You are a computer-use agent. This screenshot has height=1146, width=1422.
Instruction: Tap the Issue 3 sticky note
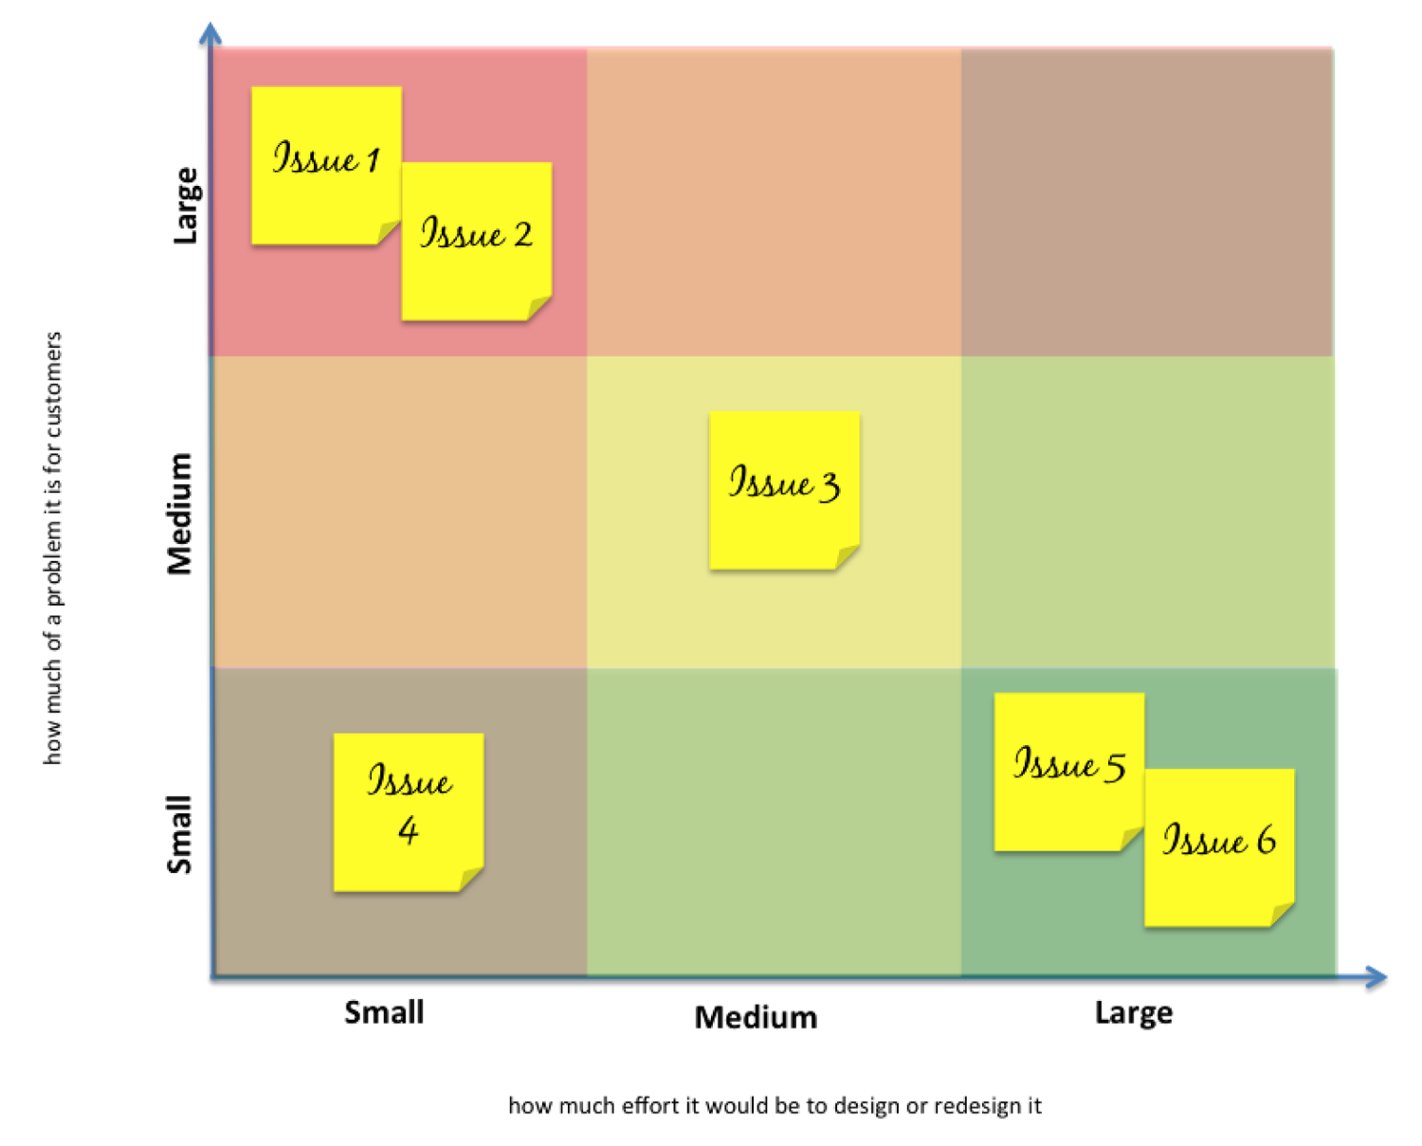coord(784,489)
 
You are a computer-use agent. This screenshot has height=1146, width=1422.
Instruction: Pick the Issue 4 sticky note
coord(409,810)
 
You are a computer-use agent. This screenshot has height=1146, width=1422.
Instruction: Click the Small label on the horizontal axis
coord(384,1012)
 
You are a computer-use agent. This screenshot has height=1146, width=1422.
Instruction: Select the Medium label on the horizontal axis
coord(756,1017)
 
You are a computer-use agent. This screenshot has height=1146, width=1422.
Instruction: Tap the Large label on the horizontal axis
coord(1134,1012)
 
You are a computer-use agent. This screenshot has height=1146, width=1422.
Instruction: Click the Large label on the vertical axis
coord(186,206)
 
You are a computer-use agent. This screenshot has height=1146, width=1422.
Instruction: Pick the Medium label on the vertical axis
coord(179,514)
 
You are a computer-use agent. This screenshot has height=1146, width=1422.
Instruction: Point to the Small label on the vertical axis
coord(179,834)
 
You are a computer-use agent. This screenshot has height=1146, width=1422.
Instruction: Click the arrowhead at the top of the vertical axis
coord(210,34)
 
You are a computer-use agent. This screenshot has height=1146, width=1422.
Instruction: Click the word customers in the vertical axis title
coord(53,385)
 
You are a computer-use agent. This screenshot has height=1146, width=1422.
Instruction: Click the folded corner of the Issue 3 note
coord(848,557)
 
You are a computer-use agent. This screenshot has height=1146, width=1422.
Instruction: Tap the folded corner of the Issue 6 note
coord(1282,914)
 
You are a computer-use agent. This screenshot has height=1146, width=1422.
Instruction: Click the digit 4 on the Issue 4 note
coord(409,831)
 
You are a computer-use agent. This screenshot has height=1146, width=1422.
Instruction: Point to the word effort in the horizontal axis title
coord(650,1106)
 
